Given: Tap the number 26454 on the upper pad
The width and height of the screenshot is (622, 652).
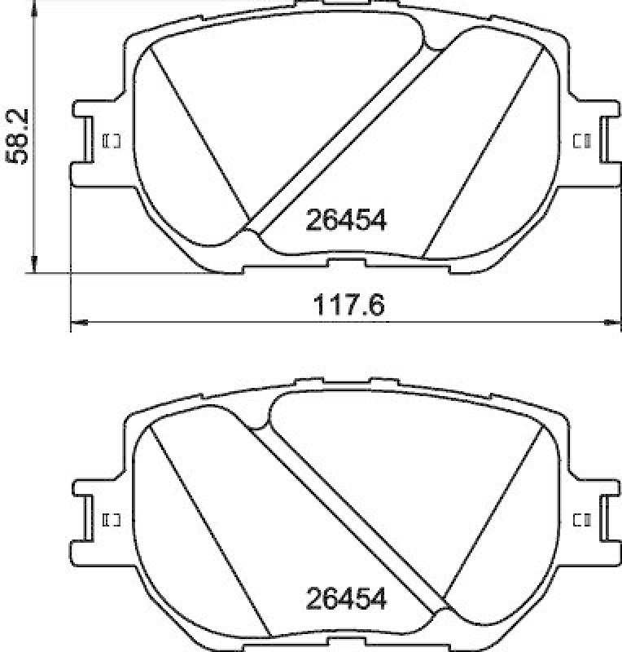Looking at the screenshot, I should click(x=344, y=219).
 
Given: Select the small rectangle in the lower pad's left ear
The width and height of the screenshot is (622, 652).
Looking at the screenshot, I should click(x=112, y=519).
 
